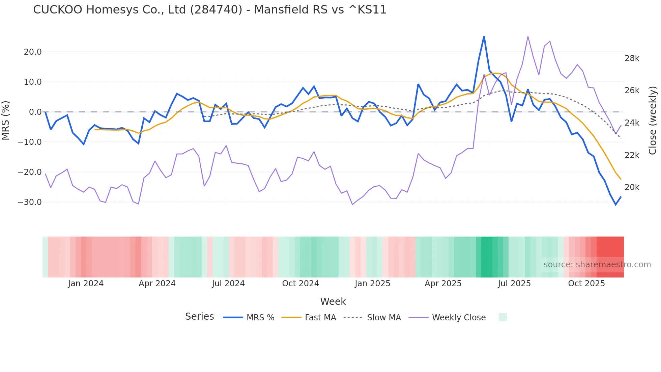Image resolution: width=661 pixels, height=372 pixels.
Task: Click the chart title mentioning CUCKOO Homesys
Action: click(209, 10)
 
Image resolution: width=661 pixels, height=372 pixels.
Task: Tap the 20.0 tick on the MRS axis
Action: click(33, 52)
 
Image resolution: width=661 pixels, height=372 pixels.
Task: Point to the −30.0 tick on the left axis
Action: click(30, 202)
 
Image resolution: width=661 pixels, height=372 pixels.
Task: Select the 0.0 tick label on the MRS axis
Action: click(35, 112)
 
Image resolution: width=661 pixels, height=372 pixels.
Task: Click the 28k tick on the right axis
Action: click(632, 59)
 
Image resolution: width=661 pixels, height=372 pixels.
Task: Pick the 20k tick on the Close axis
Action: click(632, 187)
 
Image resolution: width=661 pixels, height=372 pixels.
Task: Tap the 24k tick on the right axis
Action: click(632, 123)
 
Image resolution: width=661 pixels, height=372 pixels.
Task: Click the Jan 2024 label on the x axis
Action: click(86, 284)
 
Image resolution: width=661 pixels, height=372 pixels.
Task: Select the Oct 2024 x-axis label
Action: click(300, 284)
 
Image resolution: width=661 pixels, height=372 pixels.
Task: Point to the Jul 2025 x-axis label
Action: click(514, 284)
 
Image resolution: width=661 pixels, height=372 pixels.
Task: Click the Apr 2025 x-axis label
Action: click(443, 284)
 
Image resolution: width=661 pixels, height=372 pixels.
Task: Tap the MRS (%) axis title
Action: click(6, 120)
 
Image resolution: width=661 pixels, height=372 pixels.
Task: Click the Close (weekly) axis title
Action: click(653, 120)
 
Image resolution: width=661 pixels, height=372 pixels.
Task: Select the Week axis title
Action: click(333, 301)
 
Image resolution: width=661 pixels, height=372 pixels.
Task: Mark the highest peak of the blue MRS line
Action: click(484, 36)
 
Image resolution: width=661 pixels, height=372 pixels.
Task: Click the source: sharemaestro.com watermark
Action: click(597, 265)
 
